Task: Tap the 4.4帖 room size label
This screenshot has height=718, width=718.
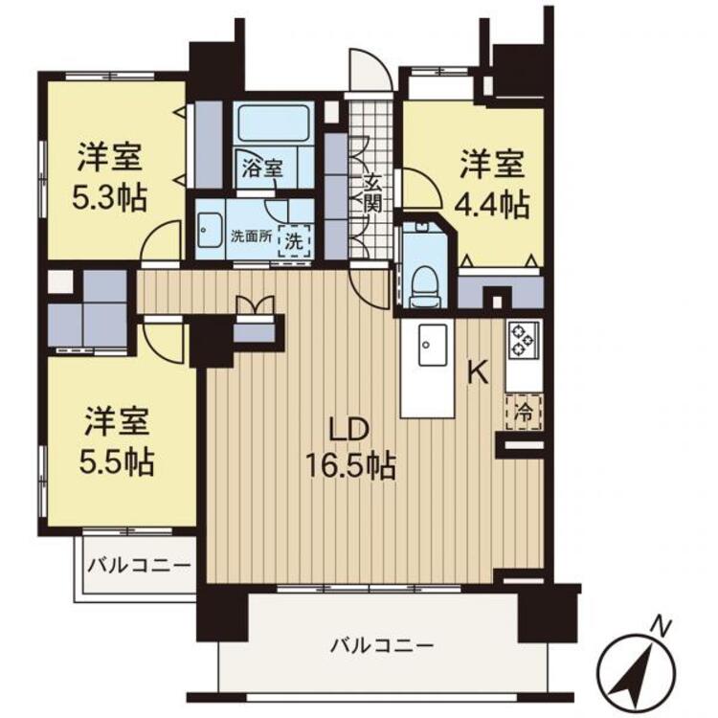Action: click(x=492, y=204)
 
